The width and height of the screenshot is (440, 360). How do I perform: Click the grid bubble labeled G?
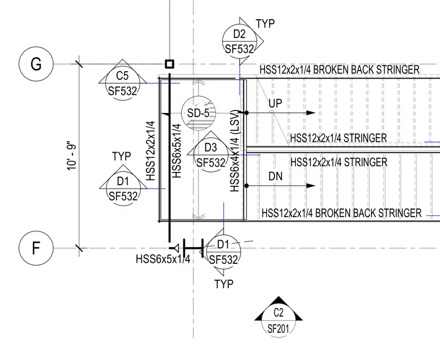(x=36, y=64)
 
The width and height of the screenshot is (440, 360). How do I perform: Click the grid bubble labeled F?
(x=36, y=248)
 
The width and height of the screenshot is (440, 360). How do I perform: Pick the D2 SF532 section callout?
(x=240, y=41)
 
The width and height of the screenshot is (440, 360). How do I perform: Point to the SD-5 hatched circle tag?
(x=199, y=113)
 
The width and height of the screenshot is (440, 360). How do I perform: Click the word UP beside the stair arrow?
(x=275, y=104)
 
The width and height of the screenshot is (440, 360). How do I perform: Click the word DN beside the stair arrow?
(x=275, y=177)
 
